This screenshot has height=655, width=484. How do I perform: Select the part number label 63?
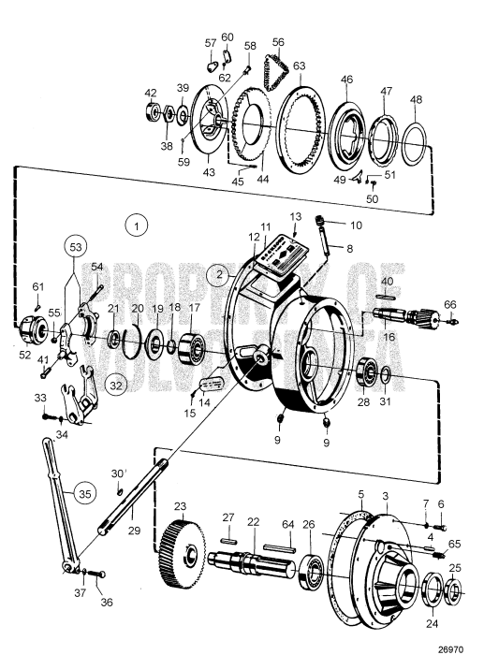pos(299,66)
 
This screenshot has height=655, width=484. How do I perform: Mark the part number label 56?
pos(277,42)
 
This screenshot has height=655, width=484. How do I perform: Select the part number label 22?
pos(253,521)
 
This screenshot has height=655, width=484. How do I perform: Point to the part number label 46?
pos(346,81)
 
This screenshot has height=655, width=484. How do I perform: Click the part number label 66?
pos(450,304)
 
